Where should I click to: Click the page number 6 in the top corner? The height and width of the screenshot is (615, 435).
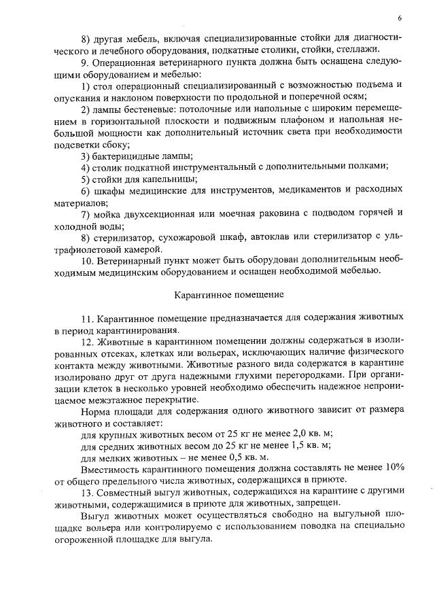[x=400, y=18]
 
